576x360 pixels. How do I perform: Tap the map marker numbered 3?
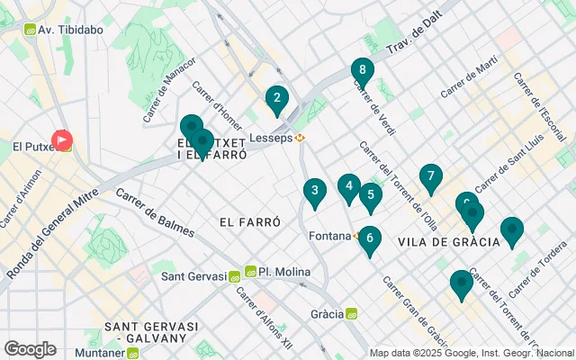(x=314, y=191)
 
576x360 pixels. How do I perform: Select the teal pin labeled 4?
(x=348, y=187)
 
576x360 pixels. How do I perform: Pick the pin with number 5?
(x=370, y=195)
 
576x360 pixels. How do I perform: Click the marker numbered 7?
(x=431, y=177)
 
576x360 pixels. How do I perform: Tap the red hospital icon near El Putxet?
(x=62, y=139)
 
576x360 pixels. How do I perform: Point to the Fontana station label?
(x=332, y=236)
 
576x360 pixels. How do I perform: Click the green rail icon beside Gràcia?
(x=352, y=314)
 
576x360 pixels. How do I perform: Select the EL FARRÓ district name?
(x=249, y=220)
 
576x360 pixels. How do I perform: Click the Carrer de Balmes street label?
(x=154, y=213)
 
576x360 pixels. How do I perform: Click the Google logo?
(x=30, y=348)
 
